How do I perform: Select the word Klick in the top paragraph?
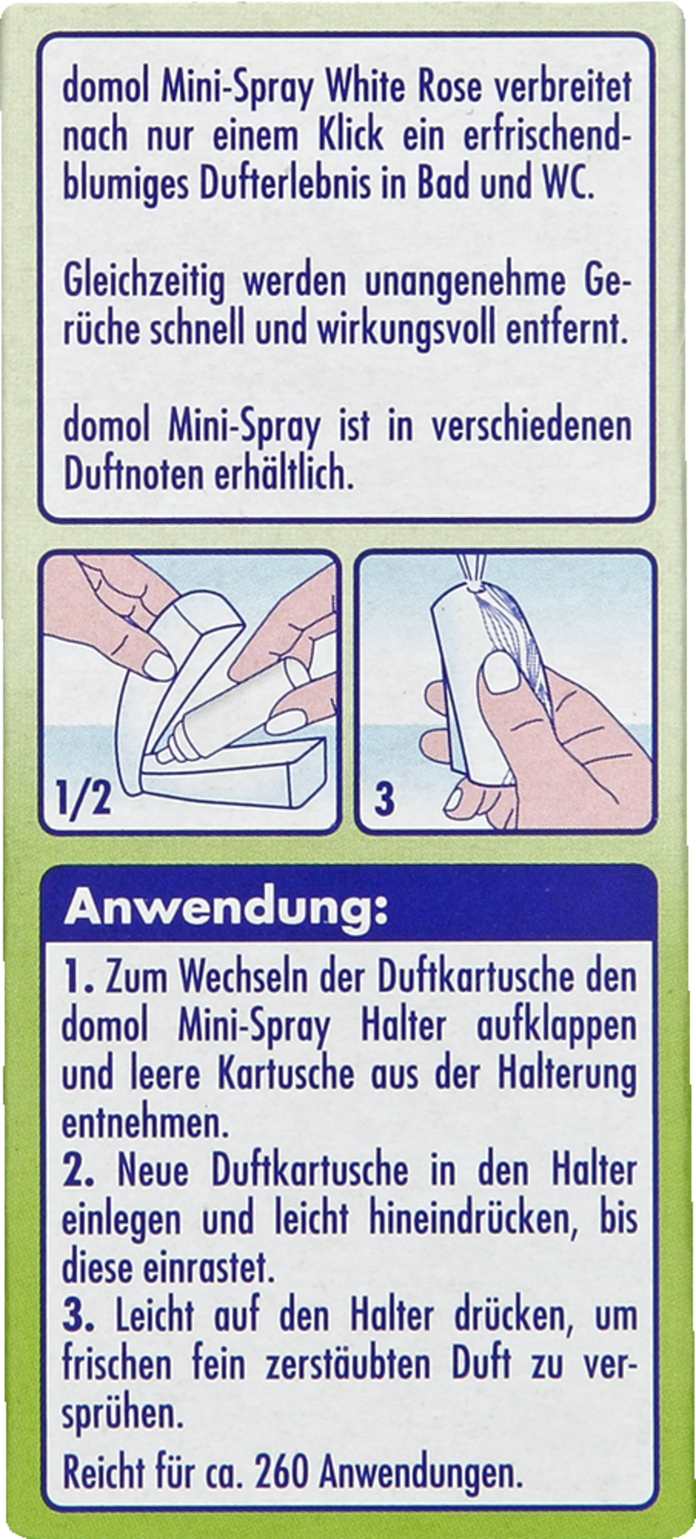tap(350, 136)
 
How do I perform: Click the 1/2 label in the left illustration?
tap(82, 801)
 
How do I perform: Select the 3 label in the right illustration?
tap(383, 802)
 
